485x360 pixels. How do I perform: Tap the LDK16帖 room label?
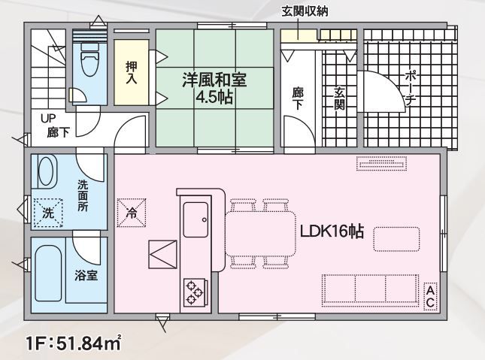[x=332, y=231]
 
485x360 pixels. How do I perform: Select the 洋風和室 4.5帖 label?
[x=214, y=88]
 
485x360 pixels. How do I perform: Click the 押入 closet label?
[x=131, y=73]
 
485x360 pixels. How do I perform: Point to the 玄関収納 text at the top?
[x=305, y=11]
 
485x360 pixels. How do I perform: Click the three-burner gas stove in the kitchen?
[x=195, y=292]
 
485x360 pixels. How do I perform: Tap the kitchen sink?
[x=196, y=219]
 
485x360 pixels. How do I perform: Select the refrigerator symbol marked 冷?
[x=132, y=213]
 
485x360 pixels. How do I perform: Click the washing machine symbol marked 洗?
[x=48, y=213]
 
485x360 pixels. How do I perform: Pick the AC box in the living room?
[x=431, y=296]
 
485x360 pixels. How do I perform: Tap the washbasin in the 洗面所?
[x=46, y=171]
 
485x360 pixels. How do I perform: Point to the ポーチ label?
[x=410, y=88]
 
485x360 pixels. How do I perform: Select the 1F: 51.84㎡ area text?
[x=73, y=343]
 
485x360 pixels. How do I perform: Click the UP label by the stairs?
[x=48, y=119]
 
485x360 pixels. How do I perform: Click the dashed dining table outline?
[x=260, y=233]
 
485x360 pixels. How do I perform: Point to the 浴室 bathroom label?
[x=86, y=276]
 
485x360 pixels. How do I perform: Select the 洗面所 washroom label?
[x=83, y=196]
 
